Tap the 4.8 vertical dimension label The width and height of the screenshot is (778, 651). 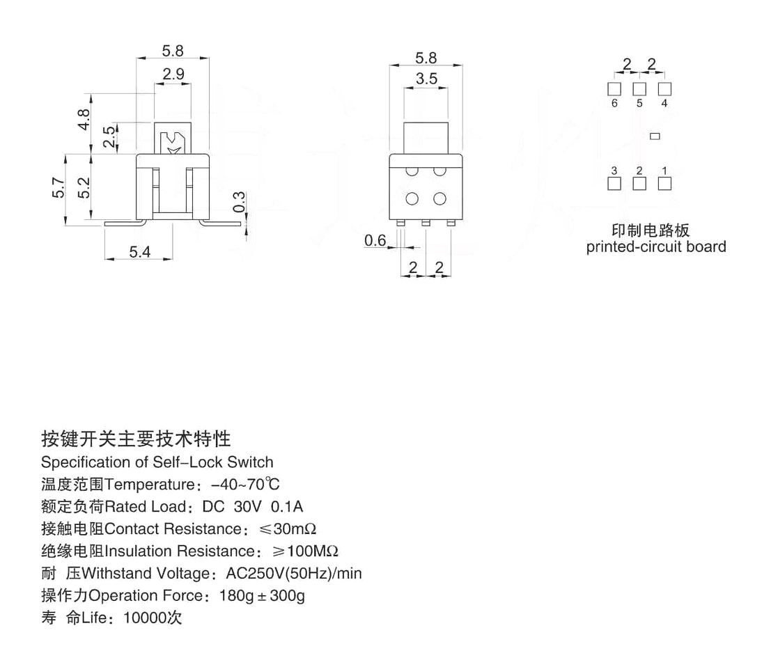pos(84,120)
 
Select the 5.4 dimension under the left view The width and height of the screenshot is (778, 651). pos(139,252)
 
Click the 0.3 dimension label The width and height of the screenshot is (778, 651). pos(239,202)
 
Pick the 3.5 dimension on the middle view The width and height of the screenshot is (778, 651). pos(426,79)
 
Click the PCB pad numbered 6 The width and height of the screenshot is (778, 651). pos(614,89)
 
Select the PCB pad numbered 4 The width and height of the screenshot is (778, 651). pos(664,89)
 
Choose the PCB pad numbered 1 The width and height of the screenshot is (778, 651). pos(664,184)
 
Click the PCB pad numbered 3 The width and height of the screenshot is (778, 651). pos(614,184)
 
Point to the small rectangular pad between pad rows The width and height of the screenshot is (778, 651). pos(654,136)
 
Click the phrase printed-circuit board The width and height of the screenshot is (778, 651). pos(655,246)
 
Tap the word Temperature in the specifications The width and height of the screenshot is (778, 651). pos(147,485)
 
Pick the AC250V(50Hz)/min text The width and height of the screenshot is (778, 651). pos(294,574)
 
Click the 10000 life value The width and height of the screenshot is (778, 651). pos(145,618)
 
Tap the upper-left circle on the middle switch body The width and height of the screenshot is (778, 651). pos(412,171)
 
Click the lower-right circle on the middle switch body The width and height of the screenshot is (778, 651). pos(439,199)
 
